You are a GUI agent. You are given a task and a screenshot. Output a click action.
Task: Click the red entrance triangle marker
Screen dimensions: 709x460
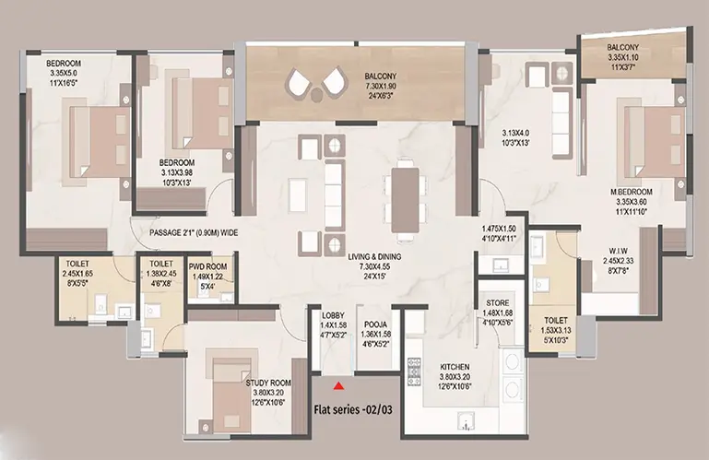pyautogui.click(x=337, y=386)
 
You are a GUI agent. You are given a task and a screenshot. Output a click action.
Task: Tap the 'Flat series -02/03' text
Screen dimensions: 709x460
pyautogui.click(x=353, y=410)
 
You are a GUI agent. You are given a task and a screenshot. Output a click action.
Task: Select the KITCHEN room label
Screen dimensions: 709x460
pyautogui.click(x=455, y=367)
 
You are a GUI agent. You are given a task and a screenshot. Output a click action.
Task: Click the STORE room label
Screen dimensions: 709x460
pyautogui.click(x=497, y=302)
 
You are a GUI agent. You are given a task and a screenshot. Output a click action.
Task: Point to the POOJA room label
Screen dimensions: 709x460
pyautogui.click(x=375, y=324)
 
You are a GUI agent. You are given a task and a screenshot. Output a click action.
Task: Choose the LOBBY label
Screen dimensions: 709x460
pyautogui.click(x=333, y=315)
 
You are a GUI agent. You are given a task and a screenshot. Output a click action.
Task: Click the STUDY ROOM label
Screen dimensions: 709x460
pyautogui.click(x=268, y=383)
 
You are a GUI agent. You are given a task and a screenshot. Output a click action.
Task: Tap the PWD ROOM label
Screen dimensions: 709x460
pyautogui.click(x=207, y=266)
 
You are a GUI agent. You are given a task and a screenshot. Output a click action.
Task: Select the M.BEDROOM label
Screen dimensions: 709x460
pyautogui.click(x=631, y=193)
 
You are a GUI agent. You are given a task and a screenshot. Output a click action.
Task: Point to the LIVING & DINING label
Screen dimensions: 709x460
pyautogui.click(x=374, y=257)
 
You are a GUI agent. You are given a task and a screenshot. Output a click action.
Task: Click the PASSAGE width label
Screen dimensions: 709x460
pyautogui.click(x=194, y=233)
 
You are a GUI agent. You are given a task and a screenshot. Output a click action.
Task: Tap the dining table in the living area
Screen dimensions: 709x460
pyautogui.click(x=405, y=200)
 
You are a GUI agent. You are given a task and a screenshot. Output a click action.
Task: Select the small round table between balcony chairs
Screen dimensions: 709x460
pyautogui.click(x=316, y=94)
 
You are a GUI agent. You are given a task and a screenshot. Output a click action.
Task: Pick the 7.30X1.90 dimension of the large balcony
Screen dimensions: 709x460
pyautogui.click(x=381, y=86)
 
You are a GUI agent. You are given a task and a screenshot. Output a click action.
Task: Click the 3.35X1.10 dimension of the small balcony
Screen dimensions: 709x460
pyautogui.click(x=622, y=57)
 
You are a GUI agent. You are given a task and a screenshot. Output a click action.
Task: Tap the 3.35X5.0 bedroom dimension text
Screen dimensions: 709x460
pyautogui.click(x=64, y=73)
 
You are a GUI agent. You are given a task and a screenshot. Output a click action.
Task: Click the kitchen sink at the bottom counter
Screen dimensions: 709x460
pyautogui.click(x=466, y=421)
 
